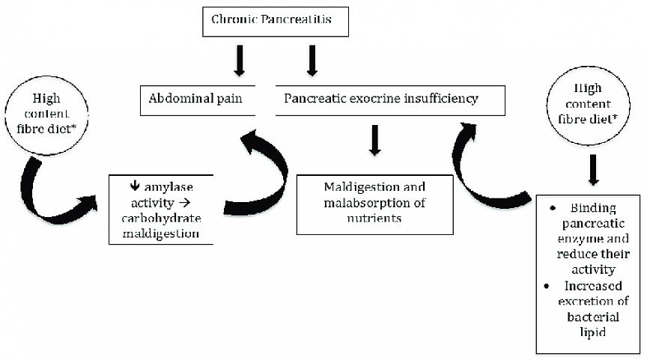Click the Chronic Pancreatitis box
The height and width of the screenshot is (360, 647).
(277, 22)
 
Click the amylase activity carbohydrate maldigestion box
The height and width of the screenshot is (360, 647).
(160, 209)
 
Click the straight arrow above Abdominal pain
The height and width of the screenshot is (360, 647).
(239, 61)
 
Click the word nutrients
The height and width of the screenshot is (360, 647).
(374, 218)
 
